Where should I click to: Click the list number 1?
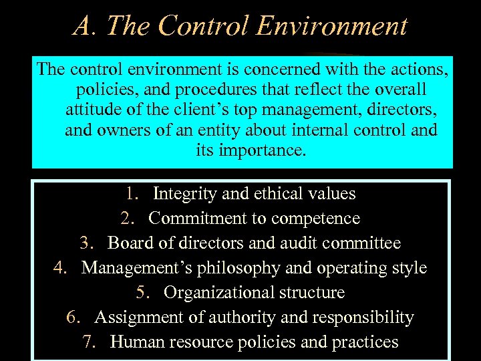coord(131,195)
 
